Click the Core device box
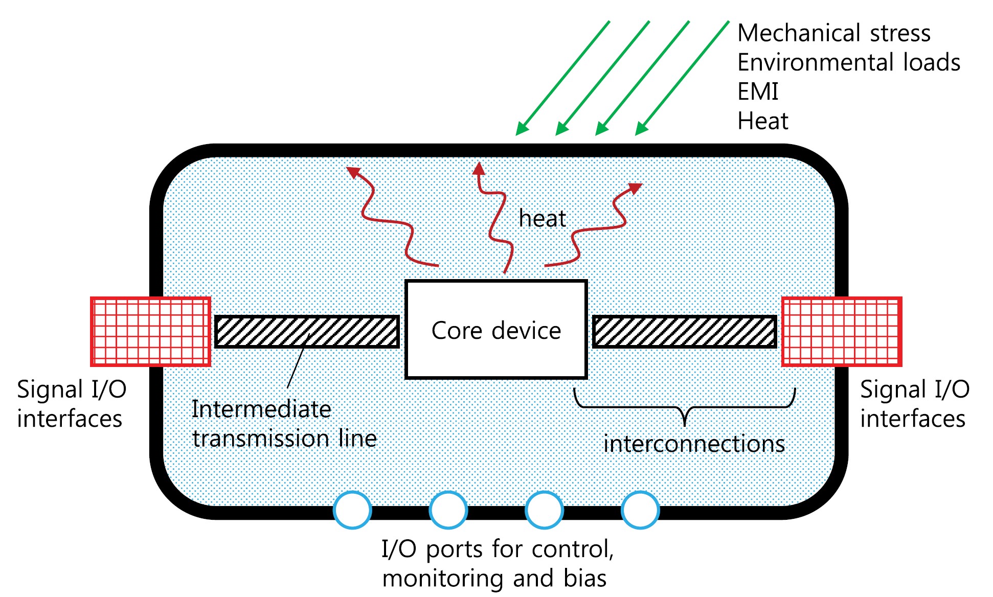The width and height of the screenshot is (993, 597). point(495,330)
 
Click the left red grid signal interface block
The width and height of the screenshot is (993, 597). point(151,332)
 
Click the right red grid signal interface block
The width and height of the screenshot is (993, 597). point(842,332)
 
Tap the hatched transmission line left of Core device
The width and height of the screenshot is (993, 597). point(307,332)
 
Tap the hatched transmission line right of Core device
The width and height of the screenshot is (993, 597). point(684,332)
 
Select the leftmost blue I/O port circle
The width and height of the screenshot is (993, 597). point(352,510)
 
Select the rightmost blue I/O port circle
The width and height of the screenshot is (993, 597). point(640,510)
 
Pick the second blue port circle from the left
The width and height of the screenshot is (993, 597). point(448,510)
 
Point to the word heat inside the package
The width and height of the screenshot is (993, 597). point(542,219)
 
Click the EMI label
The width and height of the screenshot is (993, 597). point(758,92)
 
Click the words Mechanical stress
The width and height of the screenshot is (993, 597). point(833,33)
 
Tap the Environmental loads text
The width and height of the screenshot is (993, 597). point(848,62)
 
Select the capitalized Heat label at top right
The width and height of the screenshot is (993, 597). point(762,121)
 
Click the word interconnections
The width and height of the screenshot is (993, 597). point(694,444)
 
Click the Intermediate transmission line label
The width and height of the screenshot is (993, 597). point(284,424)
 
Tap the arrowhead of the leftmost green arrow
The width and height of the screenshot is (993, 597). point(521,130)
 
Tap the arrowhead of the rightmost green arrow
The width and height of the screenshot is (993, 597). point(641,130)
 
